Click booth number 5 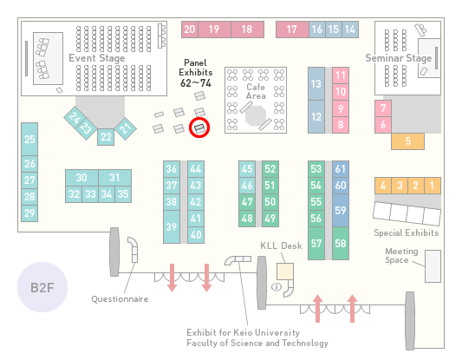click(407, 141)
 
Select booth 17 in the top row click(292, 29)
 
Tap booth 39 click(172, 226)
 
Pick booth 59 click(341, 210)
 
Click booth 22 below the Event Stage click(106, 137)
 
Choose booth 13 click(316, 84)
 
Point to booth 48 click(247, 219)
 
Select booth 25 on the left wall click(29, 139)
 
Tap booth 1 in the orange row click(433, 186)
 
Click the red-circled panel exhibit click(199, 128)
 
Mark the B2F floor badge click(42, 287)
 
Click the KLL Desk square click(285, 272)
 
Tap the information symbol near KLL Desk click(277, 286)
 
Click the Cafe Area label click(256, 91)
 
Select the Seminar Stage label click(399, 58)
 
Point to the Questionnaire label click(120, 299)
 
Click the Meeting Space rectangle click(433, 266)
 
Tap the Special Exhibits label click(407, 233)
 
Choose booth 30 click(81, 178)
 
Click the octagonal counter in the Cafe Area click(256, 116)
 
